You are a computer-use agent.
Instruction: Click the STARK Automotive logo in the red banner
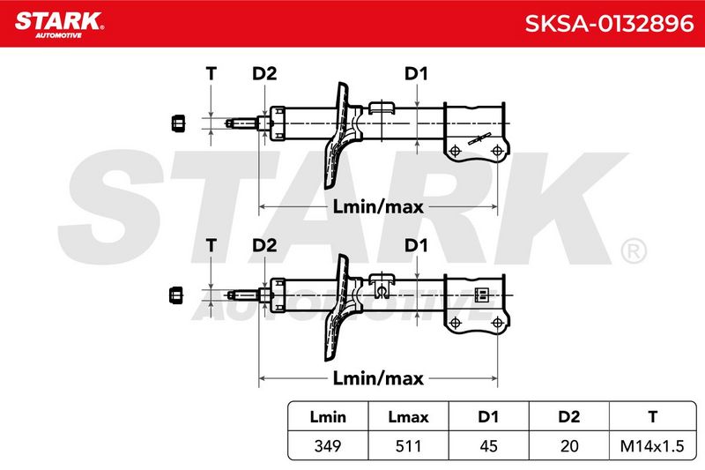click(x=59, y=25)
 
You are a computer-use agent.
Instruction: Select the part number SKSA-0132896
click(x=609, y=24)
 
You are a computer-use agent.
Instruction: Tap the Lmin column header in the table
click(x=328, y=416)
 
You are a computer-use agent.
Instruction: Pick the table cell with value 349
click(x=328, y=445)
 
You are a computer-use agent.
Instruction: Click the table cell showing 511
click(x=408, y=445)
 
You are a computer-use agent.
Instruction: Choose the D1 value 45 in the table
click(x=488, y=445)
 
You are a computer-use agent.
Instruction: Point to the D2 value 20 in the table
click(x=569, y=445)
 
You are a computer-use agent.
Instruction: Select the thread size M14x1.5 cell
click(x=652, y=445)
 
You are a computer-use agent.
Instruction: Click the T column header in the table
click(x=652, y=416)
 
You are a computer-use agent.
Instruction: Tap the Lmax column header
click(x=408, y=416)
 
